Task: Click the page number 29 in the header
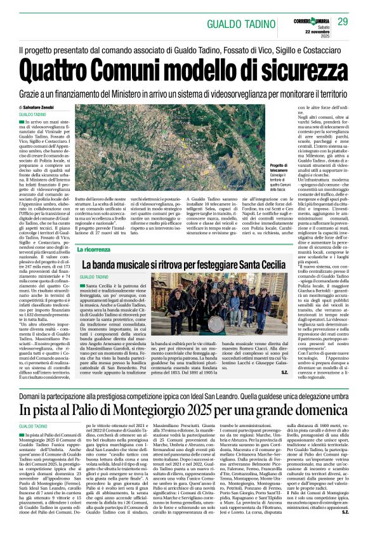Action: (343, 22)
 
